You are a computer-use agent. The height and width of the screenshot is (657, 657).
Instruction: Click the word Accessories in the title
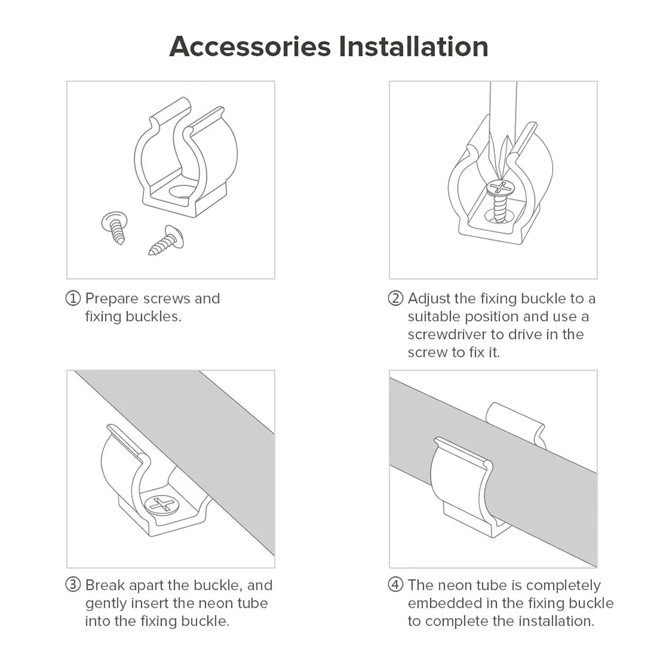pos(250,46)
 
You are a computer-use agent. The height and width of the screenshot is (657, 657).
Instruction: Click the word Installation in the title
pos(413,46)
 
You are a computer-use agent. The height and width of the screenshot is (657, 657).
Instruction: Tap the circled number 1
pos(73,298)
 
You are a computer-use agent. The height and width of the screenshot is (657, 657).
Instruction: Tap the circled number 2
pos(396,298)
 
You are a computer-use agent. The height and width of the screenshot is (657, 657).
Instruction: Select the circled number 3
pos(73,585)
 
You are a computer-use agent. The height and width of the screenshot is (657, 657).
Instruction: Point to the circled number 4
pos(396,585)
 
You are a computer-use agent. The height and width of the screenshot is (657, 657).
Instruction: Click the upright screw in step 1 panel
pos(114,227)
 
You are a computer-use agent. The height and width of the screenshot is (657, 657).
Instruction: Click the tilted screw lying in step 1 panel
pos(166,240)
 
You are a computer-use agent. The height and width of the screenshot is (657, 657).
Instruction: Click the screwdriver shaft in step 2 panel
pos(503,113)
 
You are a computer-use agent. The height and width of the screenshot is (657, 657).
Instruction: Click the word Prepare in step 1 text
pos(112,299)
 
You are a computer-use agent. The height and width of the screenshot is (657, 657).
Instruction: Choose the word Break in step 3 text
pos(105,585)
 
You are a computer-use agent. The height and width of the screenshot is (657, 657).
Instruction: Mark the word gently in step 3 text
pos(106,604)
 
